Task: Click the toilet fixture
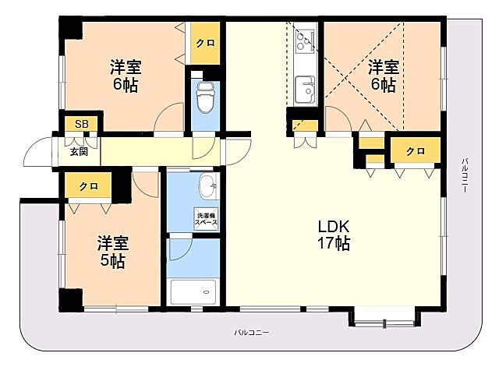click(x=206, y=97)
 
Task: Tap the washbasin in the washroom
click(x=208, y=185)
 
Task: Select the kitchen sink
click(x=305, y=90)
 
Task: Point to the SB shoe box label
click(x=81, y=124)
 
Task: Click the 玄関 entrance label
click(x=79, y=152)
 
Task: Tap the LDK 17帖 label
click(x=334, y=235)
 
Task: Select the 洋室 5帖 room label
click(x=112, y=252)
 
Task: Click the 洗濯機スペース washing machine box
click(x=207, y=219)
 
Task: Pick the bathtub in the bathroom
click(x=193, y=291)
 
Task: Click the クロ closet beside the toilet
click(x=205, y=43)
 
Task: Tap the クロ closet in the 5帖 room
click(x=88, y=185)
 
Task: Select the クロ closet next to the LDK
click(x=416, y=150)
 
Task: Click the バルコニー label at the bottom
click(x=252, y=333)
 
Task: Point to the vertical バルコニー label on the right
click(x=465, y=175)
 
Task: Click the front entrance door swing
click(x=37, y=152)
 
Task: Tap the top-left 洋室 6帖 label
click(x=126, y=76)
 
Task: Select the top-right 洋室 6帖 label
click(x=384, y=76)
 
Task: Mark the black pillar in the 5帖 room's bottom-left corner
click(x=71, y=299)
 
